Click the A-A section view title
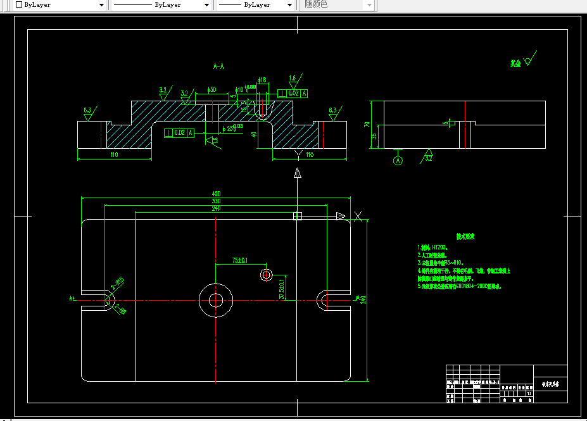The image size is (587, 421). [x=219, y=66]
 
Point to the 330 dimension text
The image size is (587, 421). [x=216, y=201]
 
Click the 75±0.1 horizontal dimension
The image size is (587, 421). [x=240, y=260]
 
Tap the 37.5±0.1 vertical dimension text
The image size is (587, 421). [x=282, y=289]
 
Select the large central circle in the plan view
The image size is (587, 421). [x=216, y=300]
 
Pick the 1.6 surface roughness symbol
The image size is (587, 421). [x=293, y=79]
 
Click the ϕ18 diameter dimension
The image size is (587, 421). [x=262, y=80]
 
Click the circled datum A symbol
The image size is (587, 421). [x=398, y=161]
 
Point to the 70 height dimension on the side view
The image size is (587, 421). [x=375, y=124]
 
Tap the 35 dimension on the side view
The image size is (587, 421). [x=375, y=136]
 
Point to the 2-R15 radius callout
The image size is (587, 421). [x=117, y=282]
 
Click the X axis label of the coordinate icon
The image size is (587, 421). [x=358, y=217]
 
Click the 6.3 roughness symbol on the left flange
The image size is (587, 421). [x=87, y=111]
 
